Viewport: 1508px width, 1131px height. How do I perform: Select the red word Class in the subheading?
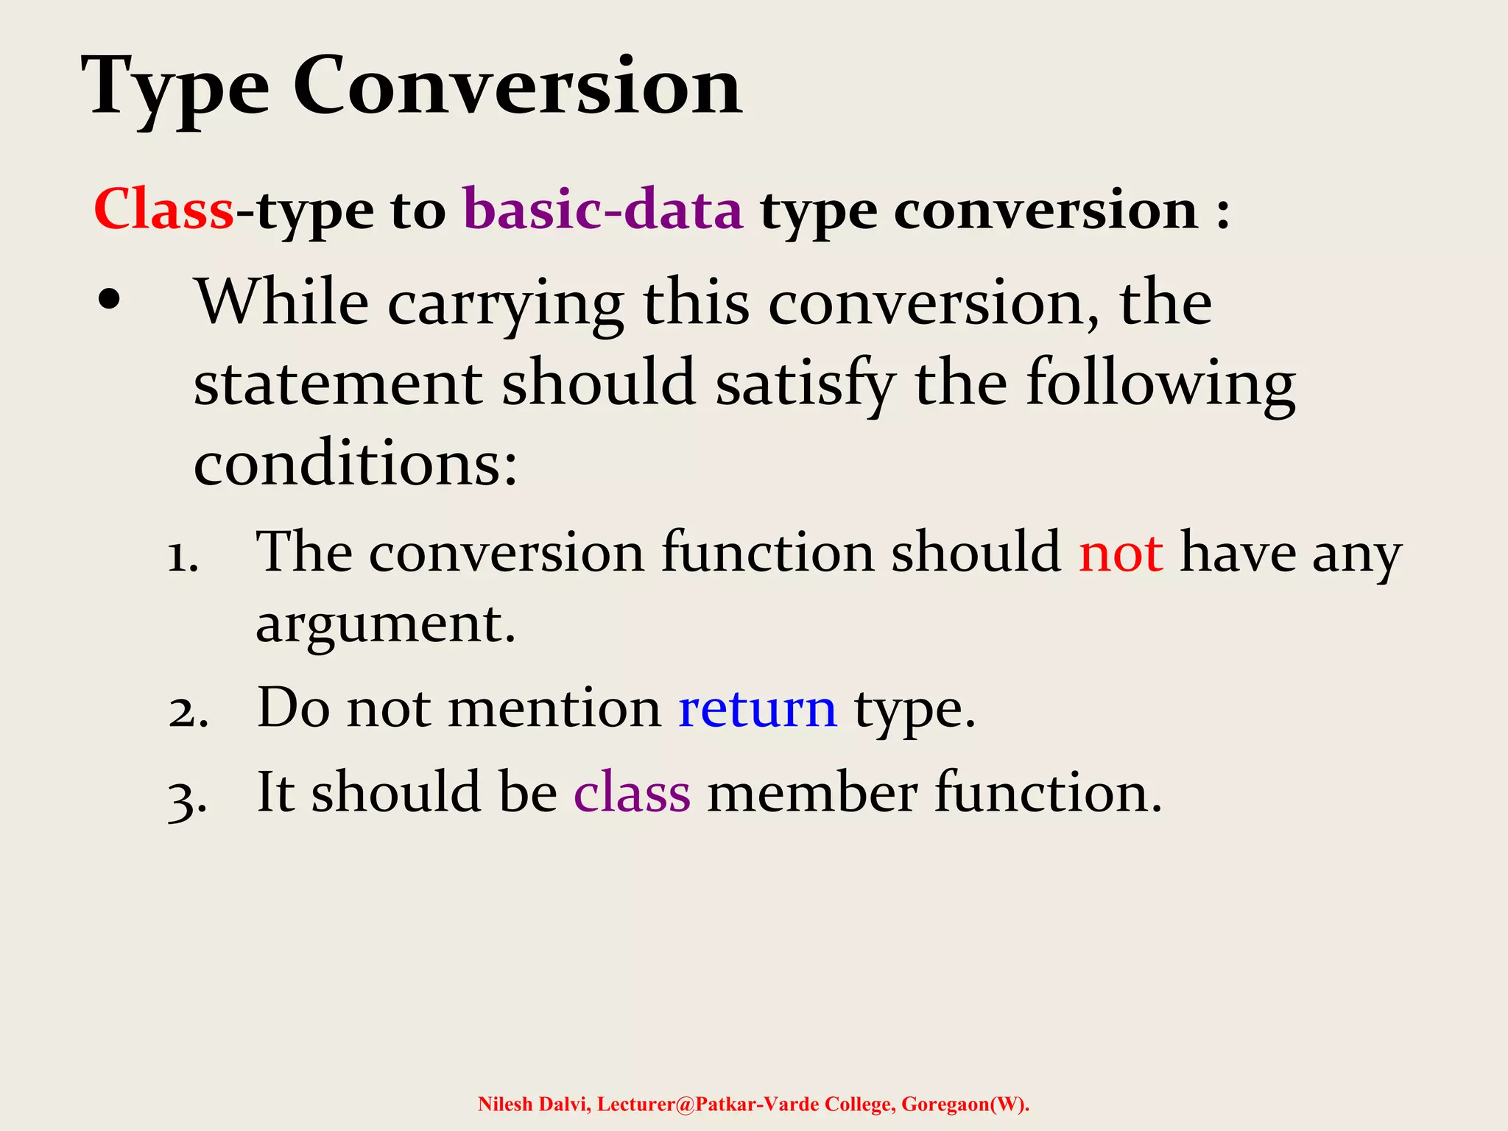pyautogui.click(x=163, y=210)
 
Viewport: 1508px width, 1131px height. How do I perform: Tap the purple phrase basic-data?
pyautogui.click(x=603, y=210)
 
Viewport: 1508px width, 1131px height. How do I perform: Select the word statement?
pyautogui.click(x=337, y=384)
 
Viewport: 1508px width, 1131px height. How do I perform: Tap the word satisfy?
pyautogui.click(x=805, y=384)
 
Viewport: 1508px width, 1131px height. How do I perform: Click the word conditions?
pyautogui.click(x=356, y=465)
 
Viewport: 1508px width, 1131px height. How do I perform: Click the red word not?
pyautogui.click(x=1121, y=553)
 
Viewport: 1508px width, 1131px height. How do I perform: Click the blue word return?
pyautogui.click(x=757, y=709)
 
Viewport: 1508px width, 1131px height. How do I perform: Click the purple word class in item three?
pyautogui.click(x=632, y=794)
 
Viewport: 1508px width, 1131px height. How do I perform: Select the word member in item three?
pyautogui.click(x=812, y=794)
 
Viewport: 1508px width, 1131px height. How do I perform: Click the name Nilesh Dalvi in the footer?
pyautogui.click(x=533, y=1104)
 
